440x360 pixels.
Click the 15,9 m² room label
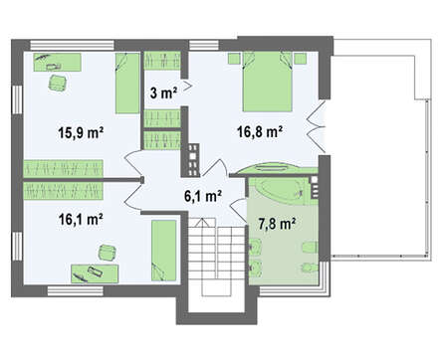coord(81,132)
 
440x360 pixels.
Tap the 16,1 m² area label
coord(81,219)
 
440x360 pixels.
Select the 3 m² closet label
coord(163,93)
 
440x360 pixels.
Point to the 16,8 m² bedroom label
coord(260,131)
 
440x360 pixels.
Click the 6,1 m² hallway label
coord(203,196)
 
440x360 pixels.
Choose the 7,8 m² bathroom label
coord(277,224)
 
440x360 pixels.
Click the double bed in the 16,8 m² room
coord(268,82)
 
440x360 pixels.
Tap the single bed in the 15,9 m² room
coord(127,84)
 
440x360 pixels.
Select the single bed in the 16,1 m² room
coord(164,251)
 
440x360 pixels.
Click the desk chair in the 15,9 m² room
coord(58,83)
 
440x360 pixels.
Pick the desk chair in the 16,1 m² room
coord(108,253)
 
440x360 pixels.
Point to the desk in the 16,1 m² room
coord(95,273)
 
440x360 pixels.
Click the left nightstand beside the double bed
coord(234,58)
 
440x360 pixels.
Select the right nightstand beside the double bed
coord(301,58)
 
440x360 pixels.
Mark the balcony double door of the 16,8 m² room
coord(317,126)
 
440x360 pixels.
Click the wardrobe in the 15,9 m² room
coord(63,168)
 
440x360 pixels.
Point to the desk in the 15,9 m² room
coord(57,62)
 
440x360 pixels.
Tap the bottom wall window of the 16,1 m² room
coord(75,291)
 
